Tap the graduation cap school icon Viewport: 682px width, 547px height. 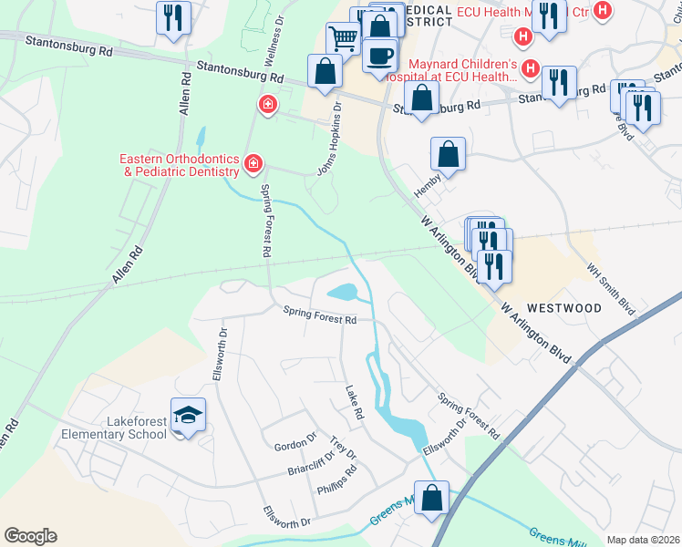(187, 416)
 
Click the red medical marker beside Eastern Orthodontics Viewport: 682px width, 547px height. (253, 165)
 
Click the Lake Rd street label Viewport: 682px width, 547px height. (354, 403)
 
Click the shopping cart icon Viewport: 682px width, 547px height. (343, 39)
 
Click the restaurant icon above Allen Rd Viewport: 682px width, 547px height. (172, 17)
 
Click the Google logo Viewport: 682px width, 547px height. (30, 536)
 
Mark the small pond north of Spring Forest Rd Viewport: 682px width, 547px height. (341, 293)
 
